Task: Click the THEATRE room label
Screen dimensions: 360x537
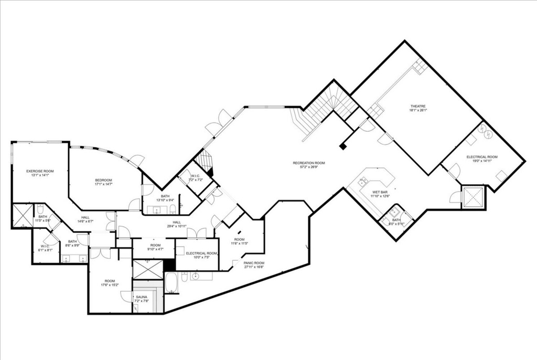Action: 416,105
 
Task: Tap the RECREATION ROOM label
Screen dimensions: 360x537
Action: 309,163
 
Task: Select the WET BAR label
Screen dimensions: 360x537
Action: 380,193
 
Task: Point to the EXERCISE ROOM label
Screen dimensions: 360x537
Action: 40,171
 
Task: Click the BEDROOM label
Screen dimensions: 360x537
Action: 103,180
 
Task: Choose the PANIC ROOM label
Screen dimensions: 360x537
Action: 254,262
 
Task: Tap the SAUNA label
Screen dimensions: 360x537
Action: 142,297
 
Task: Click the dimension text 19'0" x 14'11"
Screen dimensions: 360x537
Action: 482,162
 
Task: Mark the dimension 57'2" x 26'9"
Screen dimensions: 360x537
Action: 309,168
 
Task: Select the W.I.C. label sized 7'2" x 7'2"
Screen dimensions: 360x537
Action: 196,176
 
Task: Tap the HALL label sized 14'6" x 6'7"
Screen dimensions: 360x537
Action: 84,217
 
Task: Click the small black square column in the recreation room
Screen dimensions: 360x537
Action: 343,147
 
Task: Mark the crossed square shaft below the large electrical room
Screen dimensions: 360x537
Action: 474,197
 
